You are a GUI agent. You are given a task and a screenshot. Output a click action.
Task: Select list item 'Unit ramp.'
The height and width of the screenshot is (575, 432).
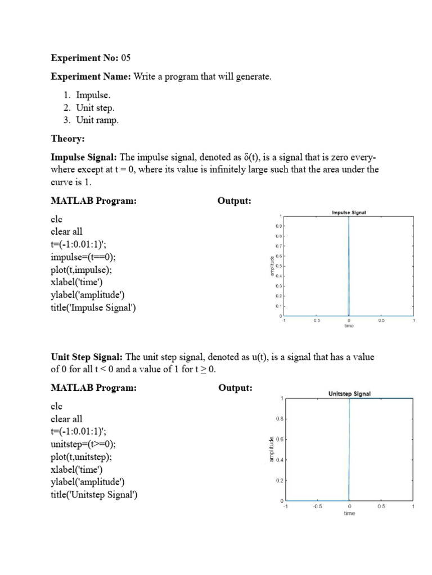[97, 120]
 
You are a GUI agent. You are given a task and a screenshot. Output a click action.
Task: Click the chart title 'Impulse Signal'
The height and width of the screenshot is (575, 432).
[349, 213]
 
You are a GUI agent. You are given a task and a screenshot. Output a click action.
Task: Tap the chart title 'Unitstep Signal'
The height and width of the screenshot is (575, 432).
[349, 394]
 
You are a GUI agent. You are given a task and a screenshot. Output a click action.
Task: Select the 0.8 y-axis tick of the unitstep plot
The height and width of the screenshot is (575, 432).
[278, 419]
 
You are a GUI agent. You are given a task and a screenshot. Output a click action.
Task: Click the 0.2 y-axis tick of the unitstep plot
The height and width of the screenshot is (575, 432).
[278, 481]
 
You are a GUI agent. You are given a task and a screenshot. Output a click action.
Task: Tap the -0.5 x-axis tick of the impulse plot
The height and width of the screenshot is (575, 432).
[316, 321]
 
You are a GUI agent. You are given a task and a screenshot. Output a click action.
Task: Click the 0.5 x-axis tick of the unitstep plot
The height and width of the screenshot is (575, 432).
[381, 506]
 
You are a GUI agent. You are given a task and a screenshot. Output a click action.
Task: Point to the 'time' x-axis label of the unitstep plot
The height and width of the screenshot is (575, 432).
[349, 513]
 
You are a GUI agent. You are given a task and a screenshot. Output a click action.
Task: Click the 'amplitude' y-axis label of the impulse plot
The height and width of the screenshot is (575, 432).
[272, 266]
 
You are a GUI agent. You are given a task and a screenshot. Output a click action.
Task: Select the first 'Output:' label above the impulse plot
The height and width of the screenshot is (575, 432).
[234, 201]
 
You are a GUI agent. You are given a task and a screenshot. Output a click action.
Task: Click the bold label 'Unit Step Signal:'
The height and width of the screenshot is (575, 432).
[87, 357]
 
